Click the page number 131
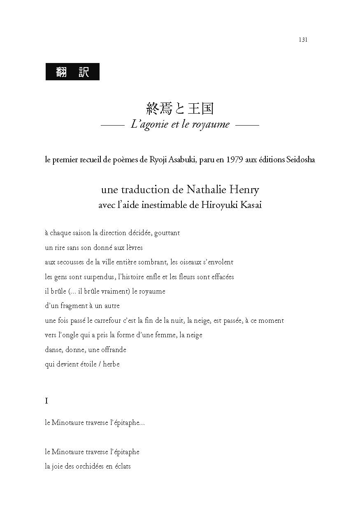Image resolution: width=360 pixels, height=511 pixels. [x=303, y=40]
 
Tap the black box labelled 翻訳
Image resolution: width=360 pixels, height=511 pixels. [x=72, y=72]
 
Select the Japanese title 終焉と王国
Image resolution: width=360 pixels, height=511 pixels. [x=180, y=108]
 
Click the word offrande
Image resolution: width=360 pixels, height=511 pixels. [x=114, y=350]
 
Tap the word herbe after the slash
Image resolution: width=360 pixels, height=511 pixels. [x=111, y=364]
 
